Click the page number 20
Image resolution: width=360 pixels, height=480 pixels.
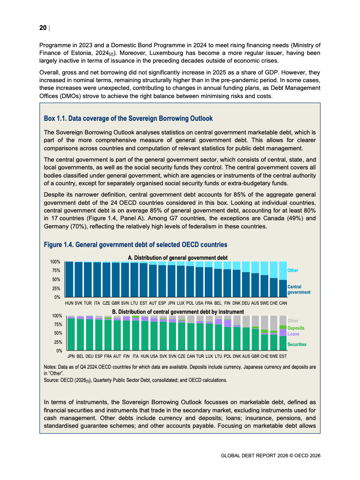tap(43, 28)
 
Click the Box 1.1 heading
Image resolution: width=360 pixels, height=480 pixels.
tap(128, 119)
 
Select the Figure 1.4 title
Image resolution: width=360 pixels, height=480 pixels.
tap(135, 245)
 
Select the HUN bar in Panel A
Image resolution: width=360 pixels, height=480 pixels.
tap(69, 279)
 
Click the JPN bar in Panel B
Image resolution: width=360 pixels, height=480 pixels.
tap(71, 334)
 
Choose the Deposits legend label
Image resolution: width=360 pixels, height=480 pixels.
tap(296, 328)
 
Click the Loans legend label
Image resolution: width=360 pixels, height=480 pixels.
tap(293, 334)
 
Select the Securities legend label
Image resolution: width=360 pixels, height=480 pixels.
tap(297, 345)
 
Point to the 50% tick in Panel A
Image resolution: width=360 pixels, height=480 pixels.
tap(55, 280)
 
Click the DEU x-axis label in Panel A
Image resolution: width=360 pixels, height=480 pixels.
tap(246, 302)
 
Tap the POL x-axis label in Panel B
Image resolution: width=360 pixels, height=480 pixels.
tap(227, 356)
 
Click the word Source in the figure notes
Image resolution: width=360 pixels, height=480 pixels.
tap(51, 380)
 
